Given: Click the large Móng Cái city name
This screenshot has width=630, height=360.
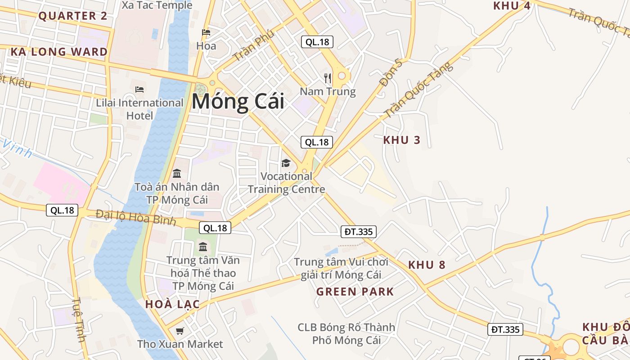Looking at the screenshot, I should [x=238, y=101].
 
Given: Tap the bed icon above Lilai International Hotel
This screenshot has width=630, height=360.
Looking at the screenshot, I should [x=139, y=90].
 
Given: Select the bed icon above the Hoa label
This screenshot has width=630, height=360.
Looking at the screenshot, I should [x=206, y=32].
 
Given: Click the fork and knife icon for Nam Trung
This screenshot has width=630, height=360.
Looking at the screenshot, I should [x=328, y=78].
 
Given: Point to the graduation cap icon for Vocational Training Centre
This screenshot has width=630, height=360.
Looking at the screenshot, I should [x=286, y=163].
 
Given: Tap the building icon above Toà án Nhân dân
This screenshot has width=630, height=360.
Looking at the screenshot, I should [x=177, y=173].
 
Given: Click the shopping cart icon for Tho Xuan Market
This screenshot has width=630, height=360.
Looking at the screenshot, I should [x=180, y=331].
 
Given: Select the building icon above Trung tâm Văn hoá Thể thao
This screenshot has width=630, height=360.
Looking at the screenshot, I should [x=203, y=247].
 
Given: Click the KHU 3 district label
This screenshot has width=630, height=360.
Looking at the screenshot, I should [x=401, y=140].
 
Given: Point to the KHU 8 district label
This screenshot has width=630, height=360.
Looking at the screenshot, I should [x=427, y=265].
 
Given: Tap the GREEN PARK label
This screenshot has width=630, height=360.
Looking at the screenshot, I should [x=355, y=292].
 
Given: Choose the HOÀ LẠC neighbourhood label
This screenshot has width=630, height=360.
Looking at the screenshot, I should [x=172, y=304].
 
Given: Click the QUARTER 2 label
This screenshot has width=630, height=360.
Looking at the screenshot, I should [x=73, y=16].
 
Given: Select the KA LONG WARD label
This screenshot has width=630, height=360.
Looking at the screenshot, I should [x=59, y=52].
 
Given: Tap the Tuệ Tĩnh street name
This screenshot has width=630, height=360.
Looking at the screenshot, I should [x=79, y=319].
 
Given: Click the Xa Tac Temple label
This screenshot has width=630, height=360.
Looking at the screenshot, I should [x=157, y=5].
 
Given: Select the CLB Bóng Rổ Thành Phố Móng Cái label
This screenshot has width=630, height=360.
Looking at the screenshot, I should [x=346, y=333].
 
